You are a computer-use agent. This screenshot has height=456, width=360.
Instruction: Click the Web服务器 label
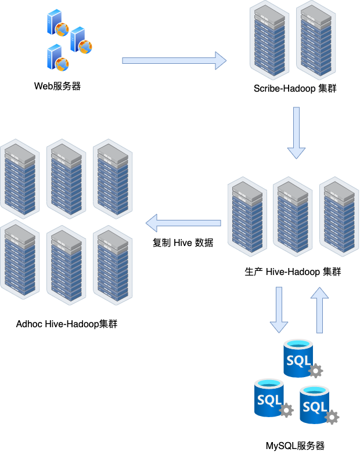click(x=57, y=86)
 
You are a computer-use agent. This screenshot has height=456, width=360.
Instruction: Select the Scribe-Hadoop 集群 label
click(x=295, y=89)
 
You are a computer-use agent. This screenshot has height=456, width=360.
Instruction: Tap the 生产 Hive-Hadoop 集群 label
click(x=293, y=272)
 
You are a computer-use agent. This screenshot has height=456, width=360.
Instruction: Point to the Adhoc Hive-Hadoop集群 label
click(x=67, y=323)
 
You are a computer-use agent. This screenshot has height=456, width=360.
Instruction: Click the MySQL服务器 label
click(x=295, y=446)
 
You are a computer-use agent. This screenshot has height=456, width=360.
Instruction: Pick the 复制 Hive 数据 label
click(x=183, y=243)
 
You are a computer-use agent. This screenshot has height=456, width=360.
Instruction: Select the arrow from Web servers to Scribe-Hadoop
click(x=174, y=60)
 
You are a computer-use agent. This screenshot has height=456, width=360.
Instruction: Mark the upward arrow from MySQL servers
click(x=319, y=311)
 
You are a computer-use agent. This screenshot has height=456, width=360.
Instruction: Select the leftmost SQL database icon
click(x=270, y=397)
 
